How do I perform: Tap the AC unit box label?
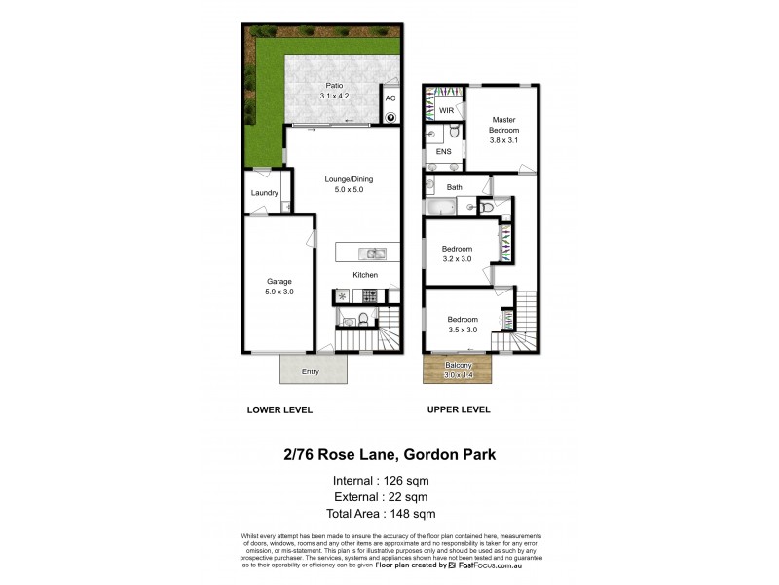click(x=389, y=98)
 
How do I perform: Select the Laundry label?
click(x=264, y=193)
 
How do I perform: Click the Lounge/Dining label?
click(x=349, y=185)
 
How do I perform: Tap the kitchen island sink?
click(x=374, y=253)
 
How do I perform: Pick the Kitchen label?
click(x=365, y=275)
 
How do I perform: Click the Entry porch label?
click(x=311, y=371)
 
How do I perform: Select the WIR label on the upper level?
click(x=447, y=111)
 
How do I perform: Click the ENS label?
click(x=444, y=152)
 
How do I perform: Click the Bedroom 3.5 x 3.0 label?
click(x=463, y=324)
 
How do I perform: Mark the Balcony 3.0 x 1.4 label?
click(x=457, y=370)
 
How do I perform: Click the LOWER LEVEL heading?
click(x=279, y=410)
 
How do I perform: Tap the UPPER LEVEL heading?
click(x=458, y=410)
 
